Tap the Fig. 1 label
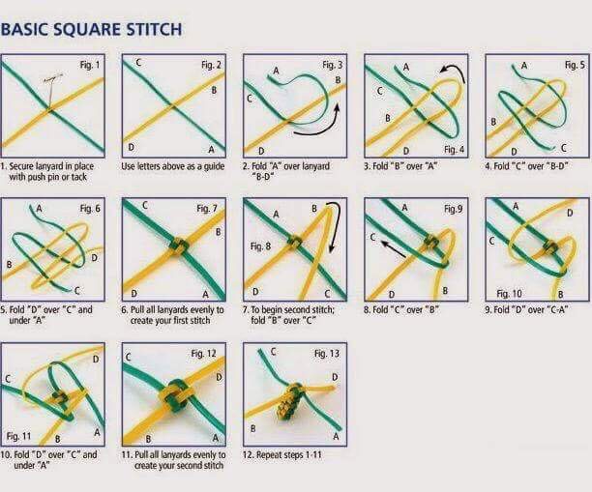tap(90, 65)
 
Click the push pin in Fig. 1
tap(51, 90)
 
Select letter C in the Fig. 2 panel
tap(138, 63)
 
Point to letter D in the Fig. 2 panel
tap(131, 147)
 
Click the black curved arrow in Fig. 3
tap(320, 126)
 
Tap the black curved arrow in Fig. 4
tap(456, 72)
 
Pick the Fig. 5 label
tap(575, 65)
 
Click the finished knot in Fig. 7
tap(180, 246)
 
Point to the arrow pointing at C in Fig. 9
tap(393, 249)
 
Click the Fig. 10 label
tap(509, 294)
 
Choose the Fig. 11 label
tap(18, 437)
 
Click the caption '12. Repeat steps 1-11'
tap(282, 455)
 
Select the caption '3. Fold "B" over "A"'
tap(400, 166)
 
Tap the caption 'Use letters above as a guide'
tap(173, 166)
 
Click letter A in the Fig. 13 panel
tap(336, 437)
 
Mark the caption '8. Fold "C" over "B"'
tap(401, 309)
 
